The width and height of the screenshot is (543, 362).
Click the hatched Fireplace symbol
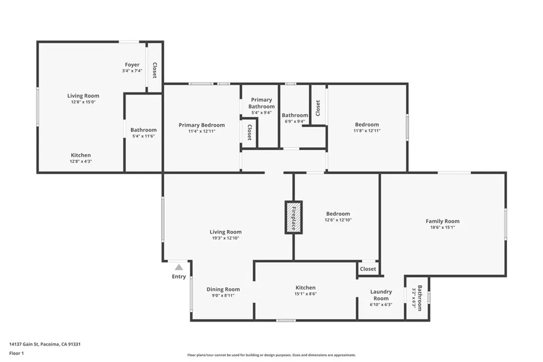pyautogui.click(x=293, y=217)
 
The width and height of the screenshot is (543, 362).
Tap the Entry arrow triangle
pyautogui.click(x=179, y=268)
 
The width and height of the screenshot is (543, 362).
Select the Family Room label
pyautogui.click(x=442, y=221)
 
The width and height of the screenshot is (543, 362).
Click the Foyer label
pyautogui.click(x=132, y=65)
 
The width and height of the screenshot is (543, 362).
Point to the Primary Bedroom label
pyautogui.click(x=202, y=125)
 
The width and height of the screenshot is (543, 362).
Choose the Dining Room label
pyautogui.click(x=223, y=289)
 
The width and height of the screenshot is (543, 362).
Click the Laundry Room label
pyautogui.click(x=381, y=295)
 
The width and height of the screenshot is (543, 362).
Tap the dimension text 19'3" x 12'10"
pyautogui.click(x=225, y=239)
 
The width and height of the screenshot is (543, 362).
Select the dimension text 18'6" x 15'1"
pyautogui.click(x=442, y=227)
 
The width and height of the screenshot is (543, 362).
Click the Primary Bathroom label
pyautogui.click(x=261, y=103)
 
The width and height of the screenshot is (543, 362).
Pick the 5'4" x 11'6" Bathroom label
pyautogui.click(x=143, y=130)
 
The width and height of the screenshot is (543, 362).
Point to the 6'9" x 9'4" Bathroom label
pyautogui.click(x=295, y=115)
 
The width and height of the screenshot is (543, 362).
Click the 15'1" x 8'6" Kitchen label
pyautogui.click(x=305, y=288)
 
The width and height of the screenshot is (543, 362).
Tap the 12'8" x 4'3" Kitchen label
pyautogui.click(x=81, y=155)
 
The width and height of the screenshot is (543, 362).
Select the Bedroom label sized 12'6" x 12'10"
pyautogui.click(x=338, y=214)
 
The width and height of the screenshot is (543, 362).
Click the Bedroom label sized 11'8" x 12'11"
pyautogui.click(x=367, y=125)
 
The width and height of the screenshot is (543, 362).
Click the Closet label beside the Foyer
pyautogui.click(x=154, y=70)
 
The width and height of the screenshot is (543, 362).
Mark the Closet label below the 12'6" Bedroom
pyautogui.click(x=368, y=269)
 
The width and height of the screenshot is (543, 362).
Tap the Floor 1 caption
pyautogui.click(x=17, y=352)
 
